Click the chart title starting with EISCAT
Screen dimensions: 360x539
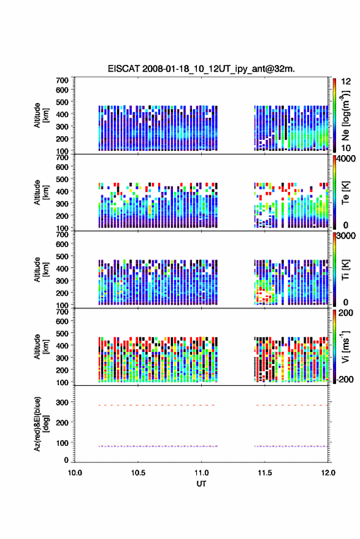pyautogui.click(x=201, y=69)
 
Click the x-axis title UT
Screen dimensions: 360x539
pyautogui.click(x=201, y=484)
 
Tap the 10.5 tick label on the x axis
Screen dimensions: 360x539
pyautogui.click(x=138, y=473)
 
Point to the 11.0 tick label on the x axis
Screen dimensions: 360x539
pyautogui.click(x=201, y=473)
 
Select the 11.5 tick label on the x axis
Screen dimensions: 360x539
pyautogui.click(x=264, y=473)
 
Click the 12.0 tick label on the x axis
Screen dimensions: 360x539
pyautogui.click(x=328, y=473)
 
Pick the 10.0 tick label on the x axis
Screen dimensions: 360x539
pyautogui.click(x=75, y=473)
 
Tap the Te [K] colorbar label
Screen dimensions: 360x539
pyautogui.click(x=345, y=193)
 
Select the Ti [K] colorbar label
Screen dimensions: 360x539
pyautogui.click(x=345, y=270)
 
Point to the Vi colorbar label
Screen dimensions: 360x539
pyautogui.click(x=345, y=346)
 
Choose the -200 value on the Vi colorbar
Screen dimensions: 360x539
pyautogui.click(x=344, y=379)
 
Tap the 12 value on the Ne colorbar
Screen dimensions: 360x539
pyautogui.click(x=346, y=82)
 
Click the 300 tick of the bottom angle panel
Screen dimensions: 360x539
pyautogui.click(x=62, y=402)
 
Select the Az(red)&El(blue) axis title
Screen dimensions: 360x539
pyautogui.click(x=41, y=424)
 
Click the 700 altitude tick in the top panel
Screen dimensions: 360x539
pyautogui.click(x=62, y=80)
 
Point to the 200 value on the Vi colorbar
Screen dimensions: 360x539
pyautogui.click(x=345, y=313)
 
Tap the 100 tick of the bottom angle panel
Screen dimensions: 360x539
pyautogui.click(x=62, y=443)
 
